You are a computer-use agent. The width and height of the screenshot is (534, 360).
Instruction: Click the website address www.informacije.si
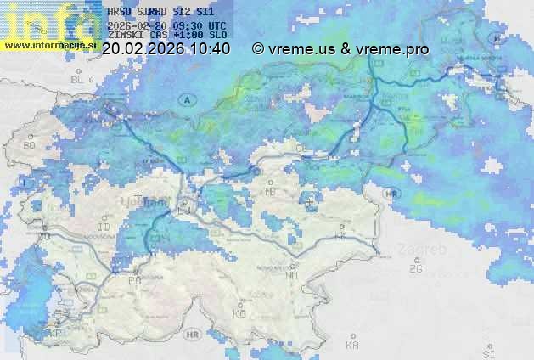coord(51,44)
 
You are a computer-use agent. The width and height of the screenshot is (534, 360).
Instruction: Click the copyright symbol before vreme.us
coord(258,49)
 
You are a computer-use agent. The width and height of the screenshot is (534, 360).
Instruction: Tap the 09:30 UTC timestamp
coord(204,25)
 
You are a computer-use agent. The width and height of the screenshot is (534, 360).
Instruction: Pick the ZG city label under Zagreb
coord(415,269)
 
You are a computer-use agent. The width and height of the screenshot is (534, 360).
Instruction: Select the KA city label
coord(352,345)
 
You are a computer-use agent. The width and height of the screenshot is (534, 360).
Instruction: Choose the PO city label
coord(134,280)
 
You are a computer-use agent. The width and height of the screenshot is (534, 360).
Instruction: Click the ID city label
coord(104,228)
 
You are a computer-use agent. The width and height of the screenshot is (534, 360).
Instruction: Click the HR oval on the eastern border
coord(391,194)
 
